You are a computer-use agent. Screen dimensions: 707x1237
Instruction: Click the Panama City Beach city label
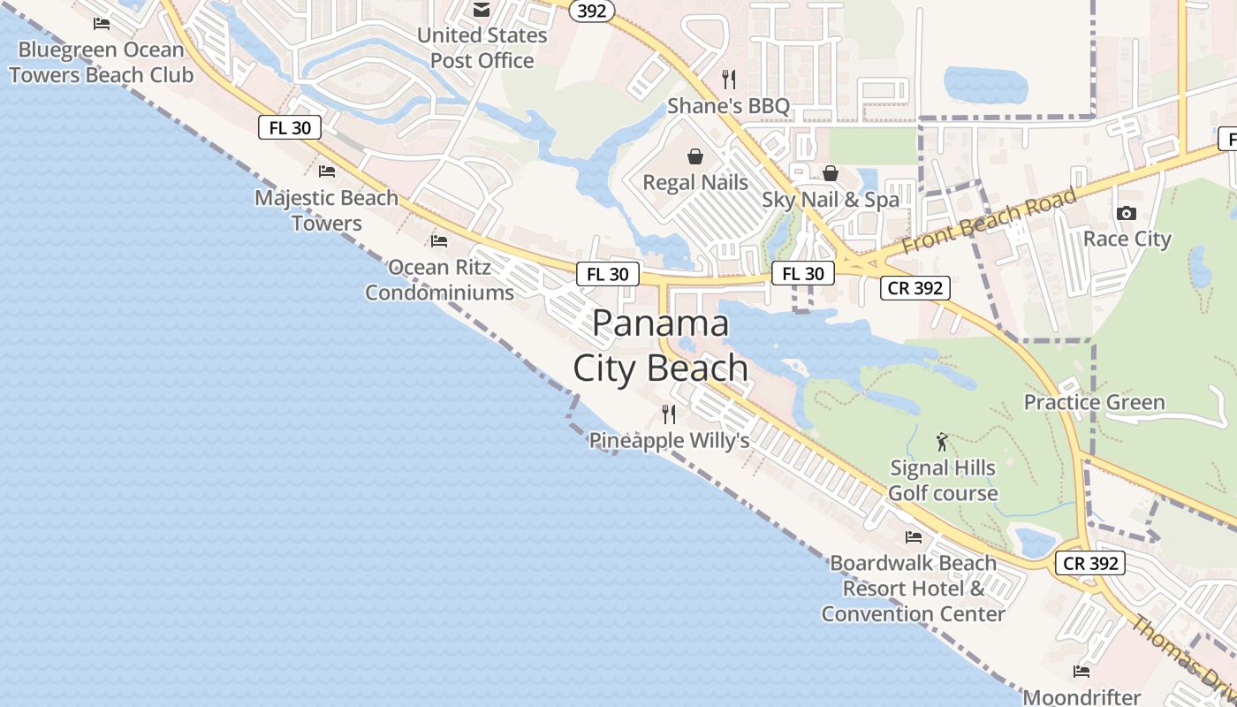(661, 346)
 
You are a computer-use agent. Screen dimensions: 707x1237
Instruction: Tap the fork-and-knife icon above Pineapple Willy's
(669, 414)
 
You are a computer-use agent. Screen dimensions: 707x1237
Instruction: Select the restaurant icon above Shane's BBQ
(729, 80)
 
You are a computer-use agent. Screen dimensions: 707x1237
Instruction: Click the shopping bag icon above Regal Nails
(695, 156)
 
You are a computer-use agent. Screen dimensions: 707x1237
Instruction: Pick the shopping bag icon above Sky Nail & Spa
(831, 173)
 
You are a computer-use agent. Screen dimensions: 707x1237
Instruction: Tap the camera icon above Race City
(1126, 213)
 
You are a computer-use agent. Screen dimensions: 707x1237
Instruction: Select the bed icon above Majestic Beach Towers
(327, 171)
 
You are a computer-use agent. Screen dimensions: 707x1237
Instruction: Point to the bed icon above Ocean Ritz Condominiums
(439, 240)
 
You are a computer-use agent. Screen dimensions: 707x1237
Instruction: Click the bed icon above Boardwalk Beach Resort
(914, 536)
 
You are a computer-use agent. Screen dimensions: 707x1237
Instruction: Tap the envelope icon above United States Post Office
(482, 10)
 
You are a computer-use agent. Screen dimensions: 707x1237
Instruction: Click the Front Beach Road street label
(990, 221)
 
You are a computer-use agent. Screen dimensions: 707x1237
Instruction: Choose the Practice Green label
(1094, 403)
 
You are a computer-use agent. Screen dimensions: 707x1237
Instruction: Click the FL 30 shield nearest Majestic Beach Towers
(290, 127)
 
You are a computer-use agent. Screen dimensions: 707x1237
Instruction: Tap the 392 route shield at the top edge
(592, 11)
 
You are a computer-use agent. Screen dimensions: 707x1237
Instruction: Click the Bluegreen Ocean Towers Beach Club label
(101, 62)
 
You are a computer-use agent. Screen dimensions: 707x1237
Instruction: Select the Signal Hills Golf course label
(943, 481)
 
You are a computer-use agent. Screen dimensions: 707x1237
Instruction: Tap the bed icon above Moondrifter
(1081, 672)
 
